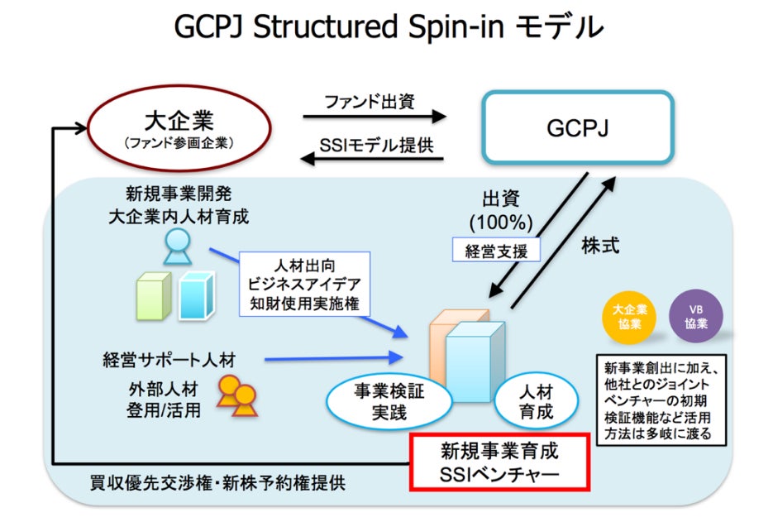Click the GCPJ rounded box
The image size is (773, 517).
click(578, 126)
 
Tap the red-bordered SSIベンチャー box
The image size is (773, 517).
click(499, 462)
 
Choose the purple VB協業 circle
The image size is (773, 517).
click(695, 315)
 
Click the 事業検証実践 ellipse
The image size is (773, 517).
click(389, 400)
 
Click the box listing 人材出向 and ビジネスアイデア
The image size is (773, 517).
click(303, 283)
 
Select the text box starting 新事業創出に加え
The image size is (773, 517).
click(658, 400)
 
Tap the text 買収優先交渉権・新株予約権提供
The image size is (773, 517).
click(217, 482)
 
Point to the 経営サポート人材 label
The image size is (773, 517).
click(169, 360)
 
